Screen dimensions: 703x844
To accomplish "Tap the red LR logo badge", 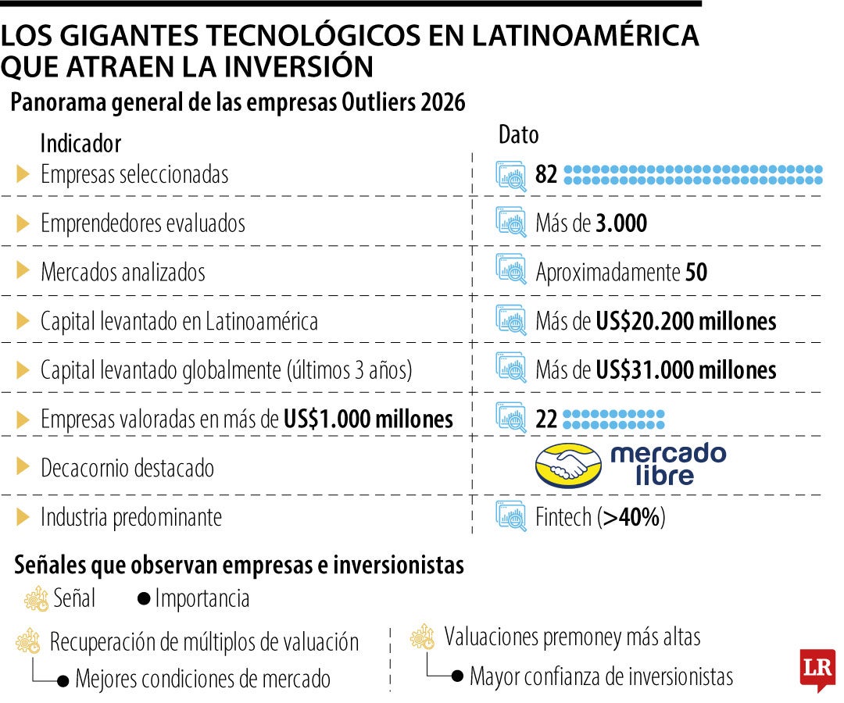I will tap(817, 669).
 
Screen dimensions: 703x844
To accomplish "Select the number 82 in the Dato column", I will tap(546, 174).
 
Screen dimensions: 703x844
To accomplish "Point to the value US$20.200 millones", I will tap(686, 321).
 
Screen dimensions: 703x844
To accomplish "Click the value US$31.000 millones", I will tap(686, 369).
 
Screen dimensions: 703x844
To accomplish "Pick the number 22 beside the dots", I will tap(546, 419).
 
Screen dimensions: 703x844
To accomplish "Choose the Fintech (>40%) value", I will tap(600, 517).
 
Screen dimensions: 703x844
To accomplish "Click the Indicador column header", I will tap(80, 144).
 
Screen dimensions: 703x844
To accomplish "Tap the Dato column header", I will tap(519, 134).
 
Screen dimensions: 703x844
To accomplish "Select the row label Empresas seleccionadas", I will tap(134, 174).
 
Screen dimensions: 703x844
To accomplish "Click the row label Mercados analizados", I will tap(123, 272).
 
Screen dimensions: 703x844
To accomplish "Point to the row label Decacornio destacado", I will tap(127, 468).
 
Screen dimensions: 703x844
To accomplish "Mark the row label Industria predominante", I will tap(131, 517).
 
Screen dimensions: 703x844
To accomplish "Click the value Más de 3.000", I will tap(592, 223).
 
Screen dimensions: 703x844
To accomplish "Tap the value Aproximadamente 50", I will tap(621, 272).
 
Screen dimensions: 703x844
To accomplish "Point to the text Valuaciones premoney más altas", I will tap(572, 637).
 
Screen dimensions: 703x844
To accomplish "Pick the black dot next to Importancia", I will tap(144, 600).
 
